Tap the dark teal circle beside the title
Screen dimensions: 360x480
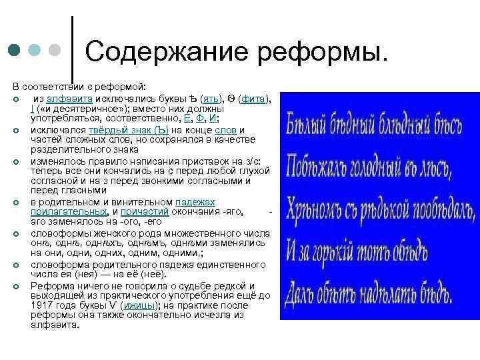[14, 51]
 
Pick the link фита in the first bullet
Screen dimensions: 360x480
[253, 99]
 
